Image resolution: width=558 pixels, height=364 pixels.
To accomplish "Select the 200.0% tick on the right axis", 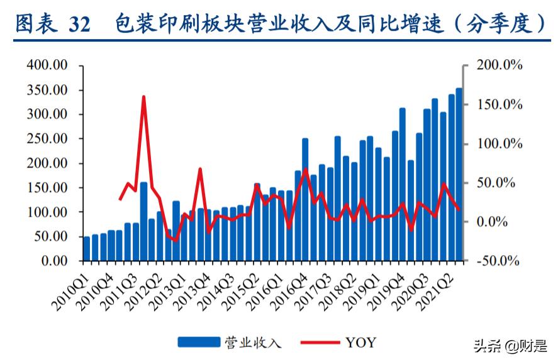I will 499,65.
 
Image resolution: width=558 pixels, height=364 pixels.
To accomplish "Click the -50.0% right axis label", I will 498,261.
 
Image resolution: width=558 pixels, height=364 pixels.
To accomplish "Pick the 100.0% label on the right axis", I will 499,144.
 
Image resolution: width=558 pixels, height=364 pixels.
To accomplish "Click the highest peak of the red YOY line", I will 143,98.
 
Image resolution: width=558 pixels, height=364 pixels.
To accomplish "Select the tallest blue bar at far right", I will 459,174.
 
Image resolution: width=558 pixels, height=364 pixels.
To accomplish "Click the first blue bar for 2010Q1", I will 87,248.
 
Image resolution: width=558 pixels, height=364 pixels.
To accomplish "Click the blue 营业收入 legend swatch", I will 198,343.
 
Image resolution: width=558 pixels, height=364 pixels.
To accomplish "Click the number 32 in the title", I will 79,24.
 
